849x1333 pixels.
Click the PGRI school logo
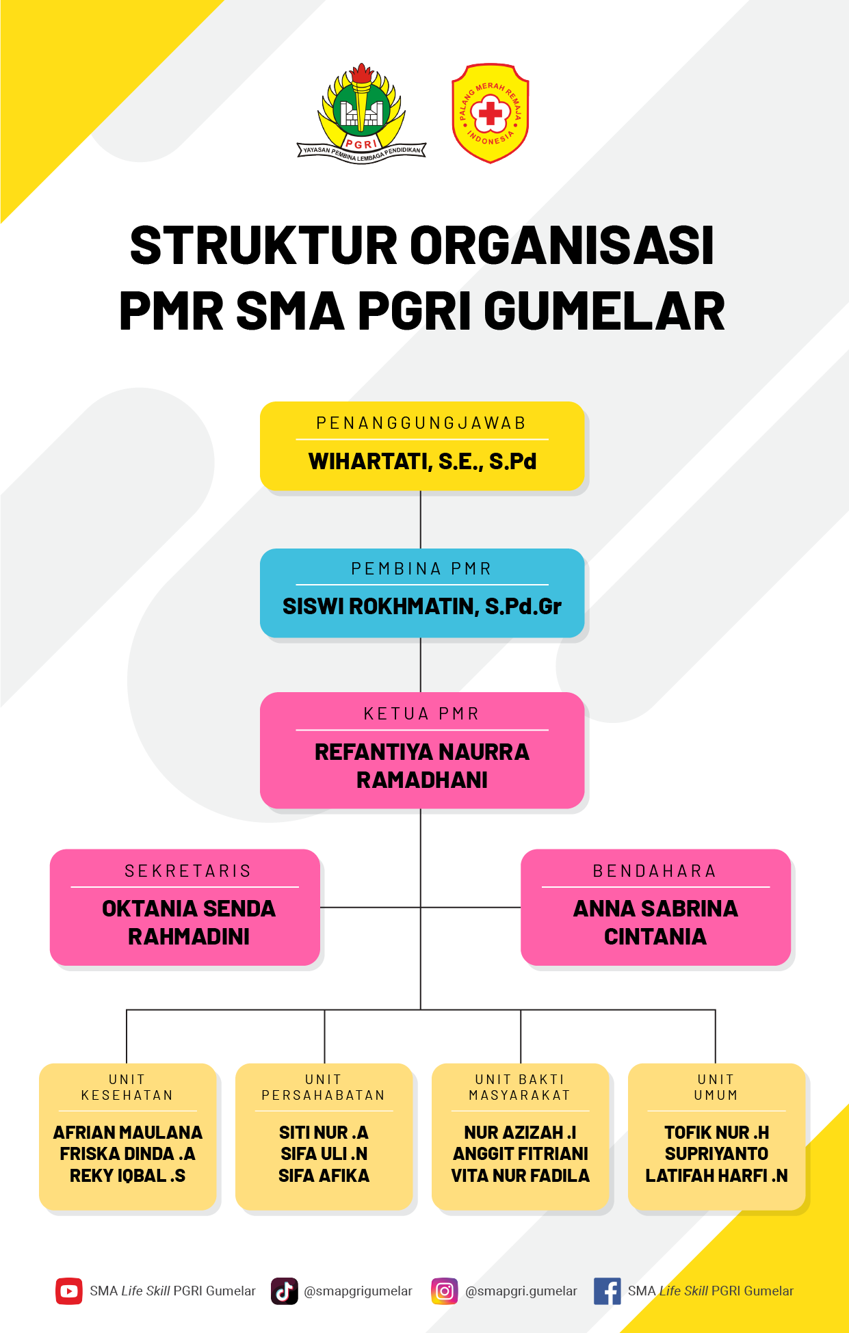click(361, 114)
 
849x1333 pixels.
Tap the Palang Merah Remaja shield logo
click(490, 114)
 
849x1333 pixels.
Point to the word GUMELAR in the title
click(605, 311)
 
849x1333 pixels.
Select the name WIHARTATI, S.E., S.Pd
click(422, 462)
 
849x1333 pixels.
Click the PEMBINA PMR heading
click(422, 569)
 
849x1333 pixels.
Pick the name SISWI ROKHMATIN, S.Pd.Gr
click(422, 607)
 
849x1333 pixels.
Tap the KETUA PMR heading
click(422, 714)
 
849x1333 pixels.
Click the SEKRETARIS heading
click(188, 871)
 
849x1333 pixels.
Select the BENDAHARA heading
click(655, 871)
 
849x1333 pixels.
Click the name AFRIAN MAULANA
click(128, 1133)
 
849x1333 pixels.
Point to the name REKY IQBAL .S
click(128, 1176)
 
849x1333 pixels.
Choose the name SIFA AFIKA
click(324, 1176)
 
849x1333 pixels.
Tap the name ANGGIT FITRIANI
click(521, 1154)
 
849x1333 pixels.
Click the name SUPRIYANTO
click(716, 1154)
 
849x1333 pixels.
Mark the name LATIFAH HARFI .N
click(716, 1176)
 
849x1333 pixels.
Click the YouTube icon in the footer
click(69, 1291)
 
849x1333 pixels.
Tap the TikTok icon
click(285, 1291)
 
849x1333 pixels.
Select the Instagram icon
click(445, 1291)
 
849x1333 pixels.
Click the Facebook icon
click(608, 1291)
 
